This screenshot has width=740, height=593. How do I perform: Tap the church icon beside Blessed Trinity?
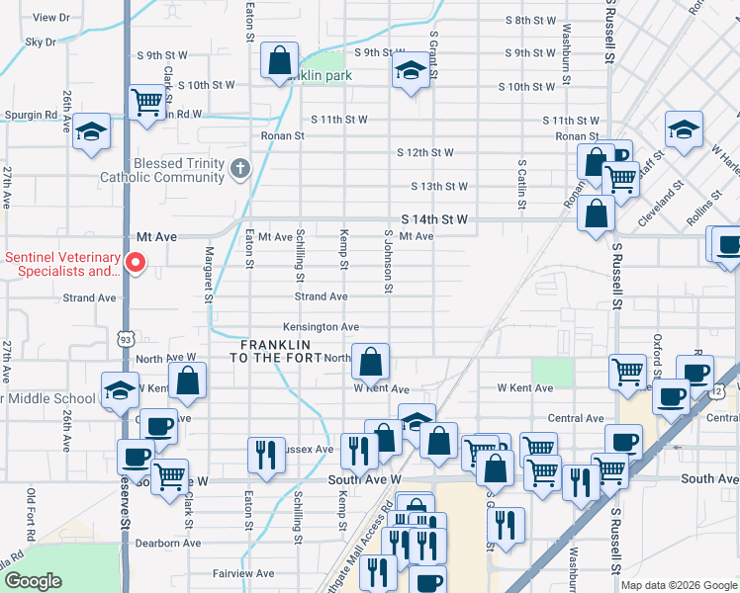[238, 169]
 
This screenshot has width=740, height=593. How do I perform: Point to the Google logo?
[33, 581]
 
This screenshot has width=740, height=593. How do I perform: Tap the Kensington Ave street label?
[321, 327]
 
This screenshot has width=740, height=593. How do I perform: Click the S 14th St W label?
[433, 219]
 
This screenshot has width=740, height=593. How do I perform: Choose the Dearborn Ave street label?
[169, 543]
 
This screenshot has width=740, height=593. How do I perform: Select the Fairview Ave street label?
[243, 573]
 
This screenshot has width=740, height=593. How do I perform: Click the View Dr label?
[51, 18]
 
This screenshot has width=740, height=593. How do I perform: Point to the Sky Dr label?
[41, 42]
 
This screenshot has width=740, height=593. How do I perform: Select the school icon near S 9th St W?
[410, 69]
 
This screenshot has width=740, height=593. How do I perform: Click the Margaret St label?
[209, 274]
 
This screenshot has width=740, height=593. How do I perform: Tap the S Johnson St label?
[389, 263]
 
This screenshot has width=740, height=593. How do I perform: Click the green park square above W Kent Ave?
[553, 373]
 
